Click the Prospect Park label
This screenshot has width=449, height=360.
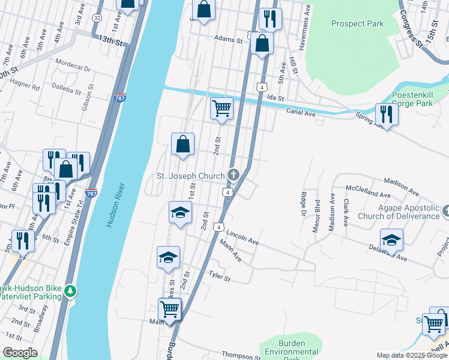(x=357, y=24)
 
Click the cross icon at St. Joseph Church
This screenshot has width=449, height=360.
(x=234, y=175)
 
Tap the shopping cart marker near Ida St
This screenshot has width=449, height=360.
(x=221, y=109)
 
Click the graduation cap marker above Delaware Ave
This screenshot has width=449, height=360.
(x=391, y=240)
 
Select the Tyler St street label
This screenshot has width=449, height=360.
(x=219, y=276)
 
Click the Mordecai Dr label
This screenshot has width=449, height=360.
(x=72, y=62)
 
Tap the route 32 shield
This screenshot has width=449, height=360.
(x=97, y=19)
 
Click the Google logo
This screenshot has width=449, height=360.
(x=20, y=353)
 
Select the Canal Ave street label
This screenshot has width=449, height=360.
(x=301, y=112)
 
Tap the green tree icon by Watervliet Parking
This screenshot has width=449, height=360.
(x=71, y=291)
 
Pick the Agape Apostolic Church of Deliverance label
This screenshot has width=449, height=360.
(x=399, y=212)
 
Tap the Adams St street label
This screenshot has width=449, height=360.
(x=228, y=40)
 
